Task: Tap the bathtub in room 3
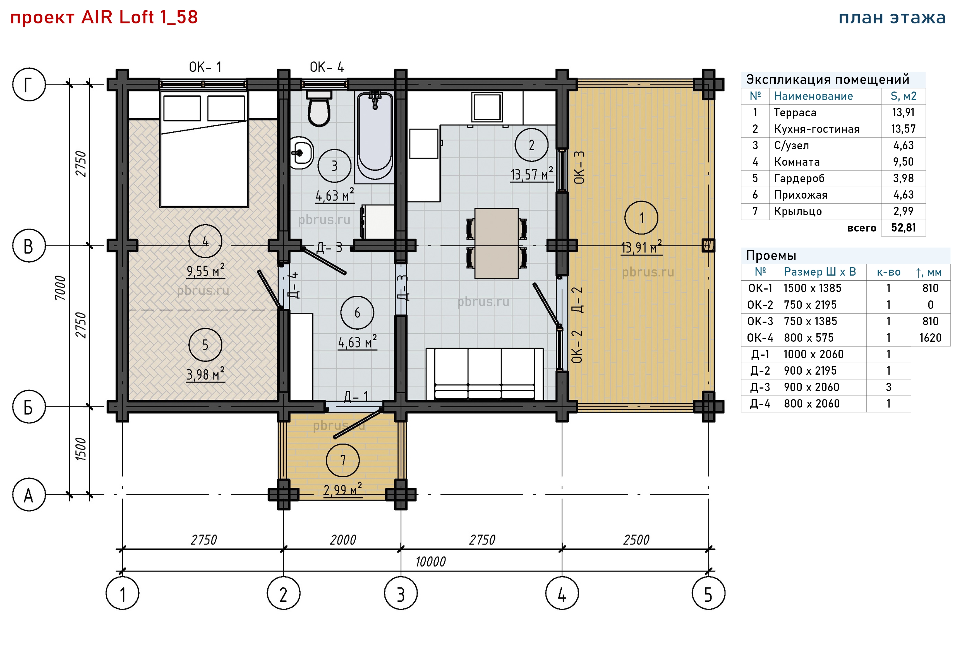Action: tap(375, 137)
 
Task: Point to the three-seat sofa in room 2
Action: tap(485, 374)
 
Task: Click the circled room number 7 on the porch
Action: tap(343, 460)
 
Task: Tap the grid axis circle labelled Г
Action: tap(29, 85)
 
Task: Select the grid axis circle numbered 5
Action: tap(708, 593)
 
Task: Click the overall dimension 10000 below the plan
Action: tap(430, 562)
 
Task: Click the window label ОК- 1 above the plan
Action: tap(205, 67)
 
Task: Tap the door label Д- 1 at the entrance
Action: tap(356, 396)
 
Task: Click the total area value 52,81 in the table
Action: tap(903, 228)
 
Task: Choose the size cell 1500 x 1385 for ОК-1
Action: tap(812, 288)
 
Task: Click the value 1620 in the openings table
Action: tap(930, 338)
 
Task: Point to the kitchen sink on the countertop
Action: tap(486, 107)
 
